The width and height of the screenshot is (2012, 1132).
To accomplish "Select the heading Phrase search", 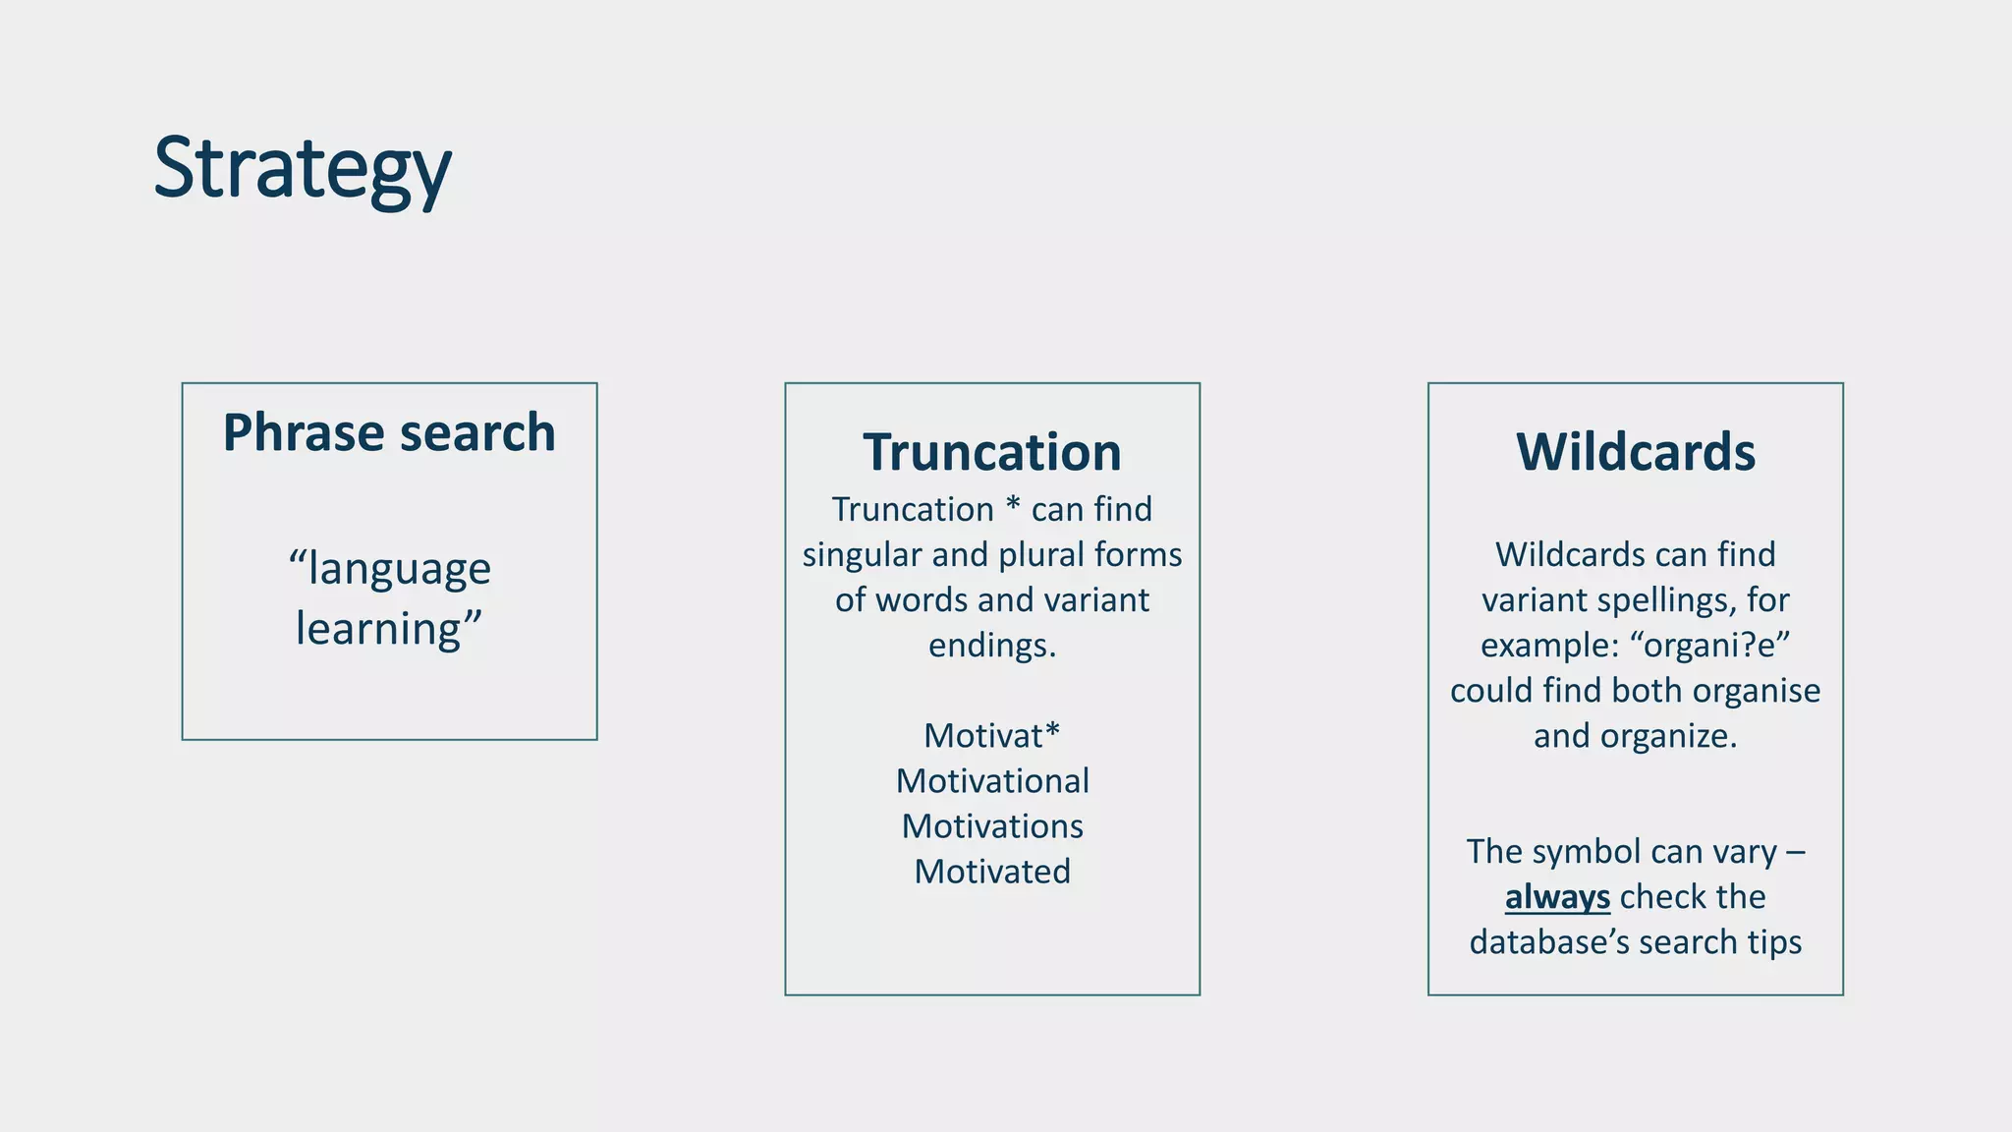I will (389, 432).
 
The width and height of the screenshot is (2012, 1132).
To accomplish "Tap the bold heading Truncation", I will (992, 452).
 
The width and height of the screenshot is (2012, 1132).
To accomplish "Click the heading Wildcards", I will (1635, 452).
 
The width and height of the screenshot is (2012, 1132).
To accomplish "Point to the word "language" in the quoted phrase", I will (398, 570).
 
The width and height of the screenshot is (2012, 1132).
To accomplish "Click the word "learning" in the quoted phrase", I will (378, 629).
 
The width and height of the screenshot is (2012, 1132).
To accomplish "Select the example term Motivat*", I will (992, 735).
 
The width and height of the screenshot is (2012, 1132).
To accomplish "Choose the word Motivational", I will (992, 781).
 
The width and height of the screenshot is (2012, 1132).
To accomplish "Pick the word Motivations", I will (992, 826).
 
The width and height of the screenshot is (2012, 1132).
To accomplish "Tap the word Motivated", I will (992, 872).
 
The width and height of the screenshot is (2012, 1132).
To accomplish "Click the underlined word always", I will (1557, 897).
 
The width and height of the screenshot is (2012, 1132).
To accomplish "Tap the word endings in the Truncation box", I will (990, 646).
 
